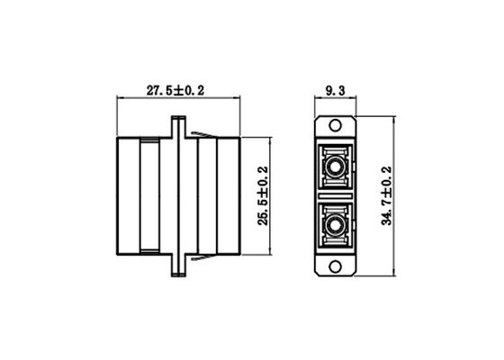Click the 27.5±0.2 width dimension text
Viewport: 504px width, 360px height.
[176, 90]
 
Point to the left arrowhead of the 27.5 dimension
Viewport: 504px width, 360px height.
[122, 99]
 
